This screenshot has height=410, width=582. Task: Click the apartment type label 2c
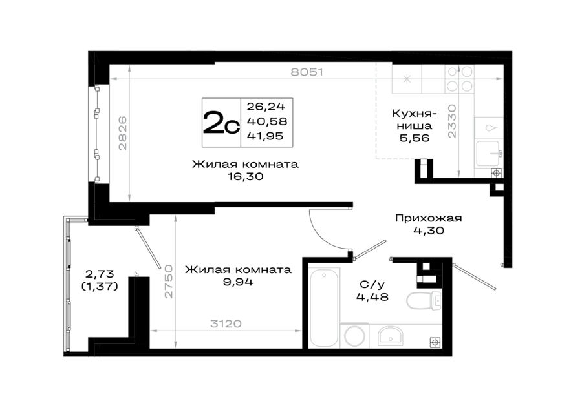221,123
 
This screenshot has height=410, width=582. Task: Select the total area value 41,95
265,136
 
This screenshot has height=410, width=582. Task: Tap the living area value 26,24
266,107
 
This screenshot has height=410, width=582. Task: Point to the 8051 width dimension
307,72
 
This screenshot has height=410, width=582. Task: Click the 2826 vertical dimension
122,133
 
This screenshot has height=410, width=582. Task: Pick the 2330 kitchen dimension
452,121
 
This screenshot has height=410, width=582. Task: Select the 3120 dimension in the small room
226,324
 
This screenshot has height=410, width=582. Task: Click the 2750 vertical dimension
169,282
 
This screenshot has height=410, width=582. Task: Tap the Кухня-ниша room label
415,119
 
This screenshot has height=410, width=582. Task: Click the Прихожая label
428,218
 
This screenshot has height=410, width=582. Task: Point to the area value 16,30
246,176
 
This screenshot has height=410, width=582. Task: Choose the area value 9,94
238,282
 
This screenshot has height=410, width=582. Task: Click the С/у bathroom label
372,284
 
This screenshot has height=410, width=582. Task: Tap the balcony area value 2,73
100,274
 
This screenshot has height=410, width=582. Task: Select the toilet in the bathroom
424,300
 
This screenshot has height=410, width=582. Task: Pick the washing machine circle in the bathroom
355,336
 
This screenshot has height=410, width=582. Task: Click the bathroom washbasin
391,336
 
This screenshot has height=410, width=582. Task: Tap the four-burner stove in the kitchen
460,79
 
